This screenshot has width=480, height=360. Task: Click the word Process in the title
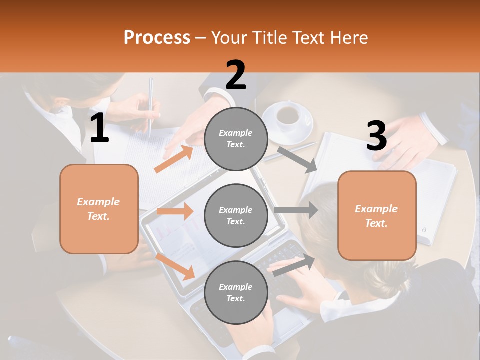(x=157, y=38)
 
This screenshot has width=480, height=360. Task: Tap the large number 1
(x=99, y=128)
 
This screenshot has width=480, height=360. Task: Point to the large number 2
(x=236, y=75)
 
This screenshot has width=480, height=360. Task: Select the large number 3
(x=376, y=136)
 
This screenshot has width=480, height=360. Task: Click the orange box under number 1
(x=99, y=209)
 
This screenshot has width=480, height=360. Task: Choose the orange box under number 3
(x=377, y=215)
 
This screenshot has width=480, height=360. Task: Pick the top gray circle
(x=236, y=139)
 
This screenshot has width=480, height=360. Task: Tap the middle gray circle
(x=236, y=215)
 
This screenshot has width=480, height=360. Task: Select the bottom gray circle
(x=236, y=292)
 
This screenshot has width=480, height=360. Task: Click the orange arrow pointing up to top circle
(x=174, y=159)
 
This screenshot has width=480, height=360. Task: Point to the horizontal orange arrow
(x=175, y=211)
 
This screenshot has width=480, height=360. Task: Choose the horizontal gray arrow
(x=295, y=210)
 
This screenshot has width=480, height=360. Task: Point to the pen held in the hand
(x=150, y=105)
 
